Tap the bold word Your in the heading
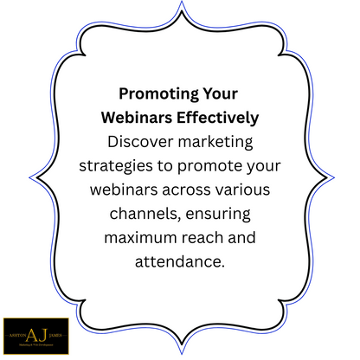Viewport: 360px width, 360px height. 216,93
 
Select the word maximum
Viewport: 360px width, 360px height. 147,237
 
